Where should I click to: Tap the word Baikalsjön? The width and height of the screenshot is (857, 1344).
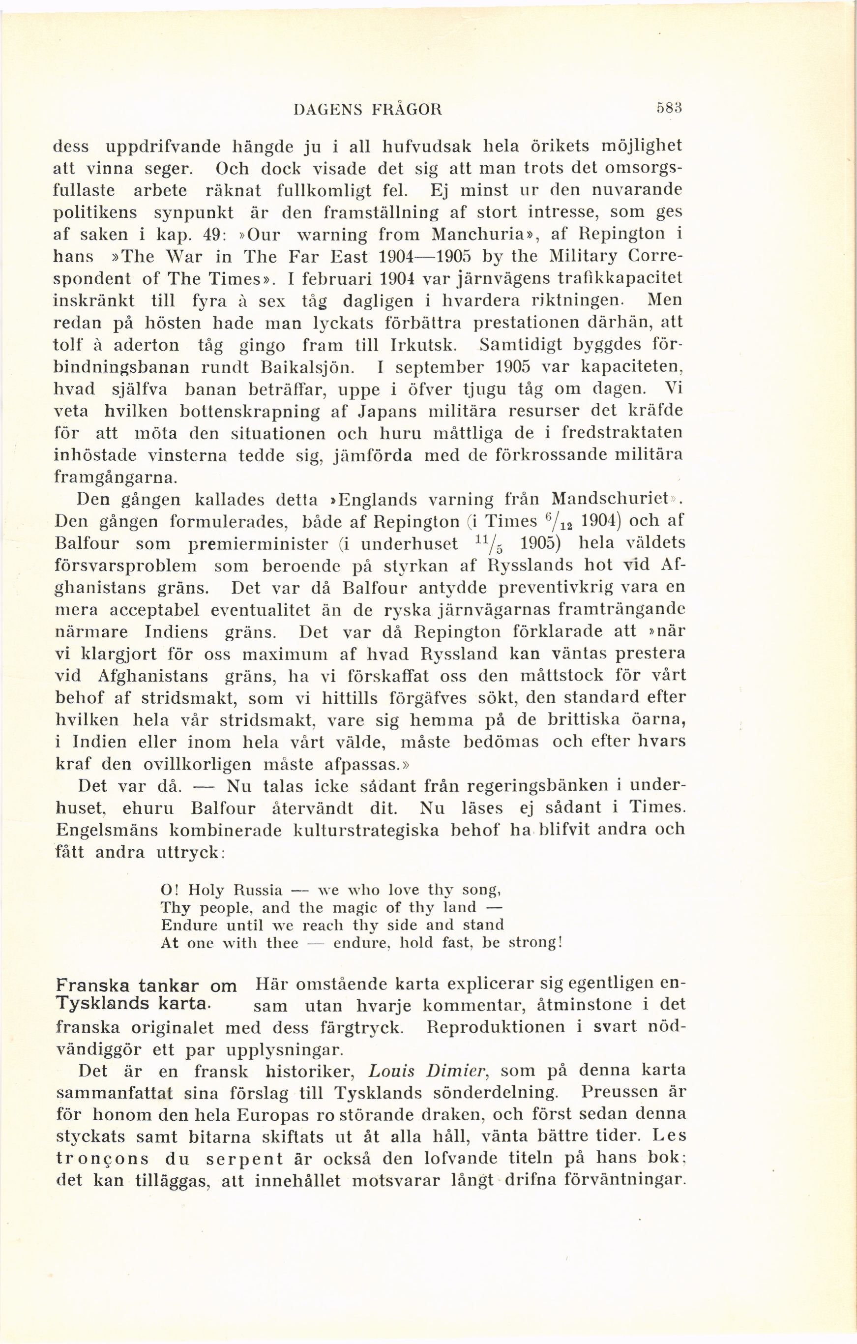(323, 367)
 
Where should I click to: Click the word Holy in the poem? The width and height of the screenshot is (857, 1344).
(206, 890)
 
